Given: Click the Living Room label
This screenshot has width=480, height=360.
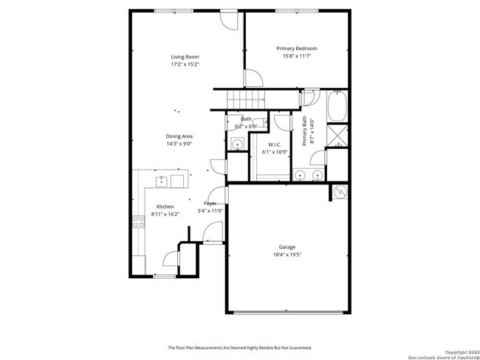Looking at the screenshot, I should (x=185, y=57).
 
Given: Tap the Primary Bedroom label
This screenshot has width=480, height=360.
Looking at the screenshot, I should (x=297, y=48).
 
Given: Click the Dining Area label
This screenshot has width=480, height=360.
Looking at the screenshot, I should (x=179, y=136).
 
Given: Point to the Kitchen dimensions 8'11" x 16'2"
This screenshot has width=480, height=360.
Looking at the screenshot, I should (x=165, y=214).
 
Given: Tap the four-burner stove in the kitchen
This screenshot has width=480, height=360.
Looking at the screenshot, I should (x=137, y=221).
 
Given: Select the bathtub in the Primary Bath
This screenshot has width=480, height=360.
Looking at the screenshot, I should (x=338, y=107).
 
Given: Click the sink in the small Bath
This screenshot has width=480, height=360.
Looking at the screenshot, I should (x=237, y=145).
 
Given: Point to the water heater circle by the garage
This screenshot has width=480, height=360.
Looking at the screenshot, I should (x=340, y=191).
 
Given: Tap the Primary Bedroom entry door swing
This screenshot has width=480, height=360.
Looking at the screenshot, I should (x=253, y=77).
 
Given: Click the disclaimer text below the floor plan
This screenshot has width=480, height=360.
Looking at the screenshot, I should (x=240, y=347).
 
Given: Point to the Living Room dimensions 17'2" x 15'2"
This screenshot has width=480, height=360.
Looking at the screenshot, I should (x=185, y=64).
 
